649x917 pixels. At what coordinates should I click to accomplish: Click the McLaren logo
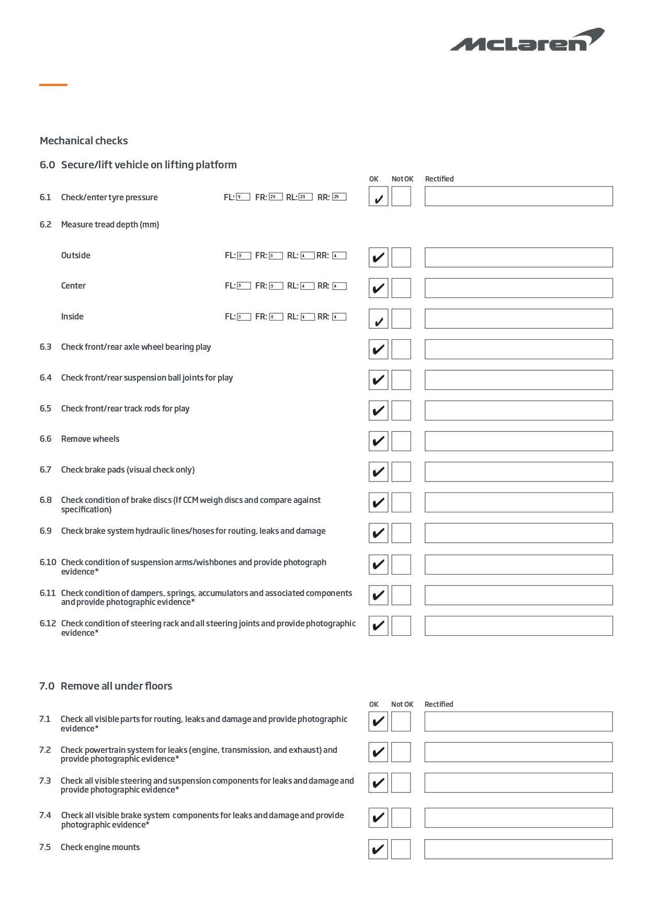pos(527,40)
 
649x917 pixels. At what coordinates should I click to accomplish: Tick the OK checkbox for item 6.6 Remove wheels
pos(378,441)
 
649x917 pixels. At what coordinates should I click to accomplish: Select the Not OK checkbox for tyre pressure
pos(401,197)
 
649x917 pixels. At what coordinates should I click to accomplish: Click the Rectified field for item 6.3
pos(518,349)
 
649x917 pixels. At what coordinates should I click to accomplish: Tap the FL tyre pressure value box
pos(243,197)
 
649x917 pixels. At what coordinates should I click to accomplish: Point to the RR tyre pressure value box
pos(339,197)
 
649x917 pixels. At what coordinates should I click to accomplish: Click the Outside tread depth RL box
pos(308,256)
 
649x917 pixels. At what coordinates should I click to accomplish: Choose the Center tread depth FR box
pos(276,286)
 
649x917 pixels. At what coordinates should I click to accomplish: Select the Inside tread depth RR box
pos(339,317)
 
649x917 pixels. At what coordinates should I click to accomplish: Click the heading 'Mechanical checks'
pos(84,141)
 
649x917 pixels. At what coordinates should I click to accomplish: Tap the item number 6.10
pos(48,563)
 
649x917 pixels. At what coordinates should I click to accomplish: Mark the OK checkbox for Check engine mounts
pos(378,849)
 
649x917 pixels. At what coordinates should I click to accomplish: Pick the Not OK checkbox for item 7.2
pos(401,752)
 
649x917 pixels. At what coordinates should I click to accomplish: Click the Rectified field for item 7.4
pos(518,818)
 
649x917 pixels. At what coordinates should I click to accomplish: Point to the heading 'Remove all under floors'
pos(116,686)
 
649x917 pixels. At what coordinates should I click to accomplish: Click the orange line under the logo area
pos(53,85)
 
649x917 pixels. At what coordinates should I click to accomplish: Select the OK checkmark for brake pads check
pos(378,472)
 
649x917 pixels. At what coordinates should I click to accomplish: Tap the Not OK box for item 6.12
pos(401,626)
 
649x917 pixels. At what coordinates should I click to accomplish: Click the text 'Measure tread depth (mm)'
pos(110,225)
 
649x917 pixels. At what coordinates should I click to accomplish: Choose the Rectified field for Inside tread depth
pos(518,319)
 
